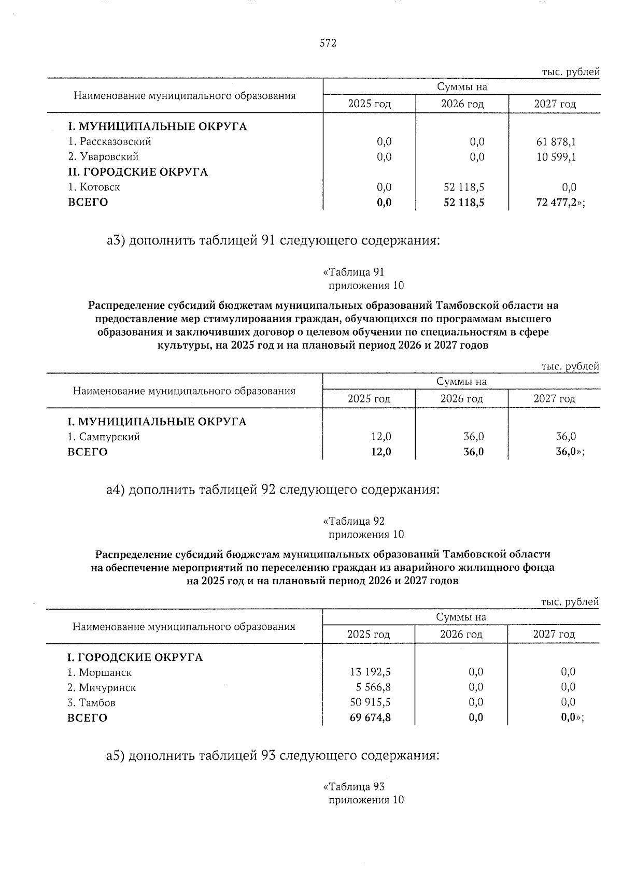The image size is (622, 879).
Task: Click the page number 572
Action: pyautogui.click(x=328, y=43)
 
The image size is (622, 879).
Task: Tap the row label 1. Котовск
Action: pyautogui.click(x=94, y=187)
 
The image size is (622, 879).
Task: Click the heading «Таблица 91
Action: pyautogui.click(x=354, y=272)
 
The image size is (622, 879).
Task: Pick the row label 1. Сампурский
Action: pyautogui.click(x=104, y=437)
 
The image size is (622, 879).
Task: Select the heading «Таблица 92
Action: pyautogui.click(x=354, y=521)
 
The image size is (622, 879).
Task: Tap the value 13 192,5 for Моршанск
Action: pyautogui.click(x=371, y=672)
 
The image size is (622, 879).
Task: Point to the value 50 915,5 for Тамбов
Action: pyautogui.click(x=371, y=702)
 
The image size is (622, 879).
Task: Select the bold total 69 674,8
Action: pyautogui.click(x=371, y=718)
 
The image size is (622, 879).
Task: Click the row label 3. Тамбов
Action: pyautogui.click(x=92, y=703)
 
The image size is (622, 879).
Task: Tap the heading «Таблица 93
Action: pyautogui.click(x=354, y=787)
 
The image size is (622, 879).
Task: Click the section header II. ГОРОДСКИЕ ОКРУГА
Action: pyautogui.click(x=138, y=172)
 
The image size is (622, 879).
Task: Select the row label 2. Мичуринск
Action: pyautogui.click(x=102, y=688)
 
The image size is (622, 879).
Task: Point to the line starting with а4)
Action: pyautogui.click(x=273, y=489)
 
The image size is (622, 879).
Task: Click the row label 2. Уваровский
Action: pyautogui.click(x=104, y=157)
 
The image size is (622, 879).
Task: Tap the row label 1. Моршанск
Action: pyautogui.click(x=100, y=673)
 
